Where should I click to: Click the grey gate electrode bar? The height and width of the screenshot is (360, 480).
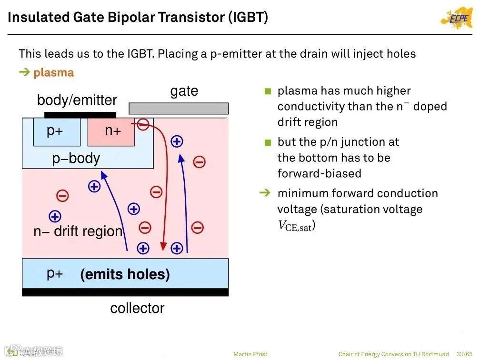coord(179,109)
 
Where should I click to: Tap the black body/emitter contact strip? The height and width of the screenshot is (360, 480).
coord(80,115)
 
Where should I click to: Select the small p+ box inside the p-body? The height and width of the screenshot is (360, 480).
coord(57,131)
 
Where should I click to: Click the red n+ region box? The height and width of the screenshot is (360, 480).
coord(111,132)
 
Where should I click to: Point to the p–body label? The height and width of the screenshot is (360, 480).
coord(76,158)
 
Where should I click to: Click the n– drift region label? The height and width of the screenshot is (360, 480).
coord(78,231)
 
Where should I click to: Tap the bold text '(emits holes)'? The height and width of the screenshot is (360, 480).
coord(125,274)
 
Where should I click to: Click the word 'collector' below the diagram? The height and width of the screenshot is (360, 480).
coord(137,308)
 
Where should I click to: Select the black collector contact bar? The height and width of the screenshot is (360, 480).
coord(125,292)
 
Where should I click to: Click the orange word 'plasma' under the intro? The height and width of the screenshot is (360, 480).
coord(53,73)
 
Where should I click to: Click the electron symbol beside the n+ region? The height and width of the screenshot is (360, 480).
coord(143,125)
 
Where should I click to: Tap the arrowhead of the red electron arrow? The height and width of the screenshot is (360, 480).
coord(163,246)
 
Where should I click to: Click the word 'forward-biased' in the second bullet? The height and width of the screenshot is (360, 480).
coord(319,173)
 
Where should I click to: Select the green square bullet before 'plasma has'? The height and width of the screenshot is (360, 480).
coord(268,91)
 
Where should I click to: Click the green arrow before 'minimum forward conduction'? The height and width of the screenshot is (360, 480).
coord(264,193)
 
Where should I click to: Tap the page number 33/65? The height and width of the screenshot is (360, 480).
coord(464,354)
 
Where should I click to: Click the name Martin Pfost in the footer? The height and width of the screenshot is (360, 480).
coord(250,354)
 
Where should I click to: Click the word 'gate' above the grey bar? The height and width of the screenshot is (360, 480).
coord(184,91)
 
